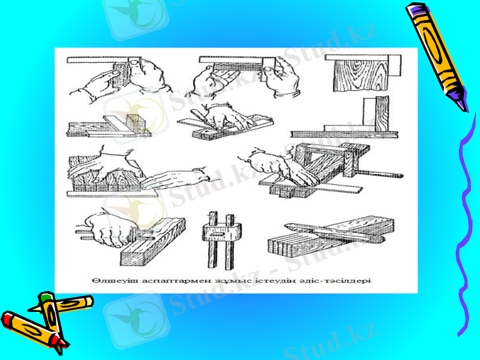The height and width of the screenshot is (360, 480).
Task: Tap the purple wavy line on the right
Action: [465, 228]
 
